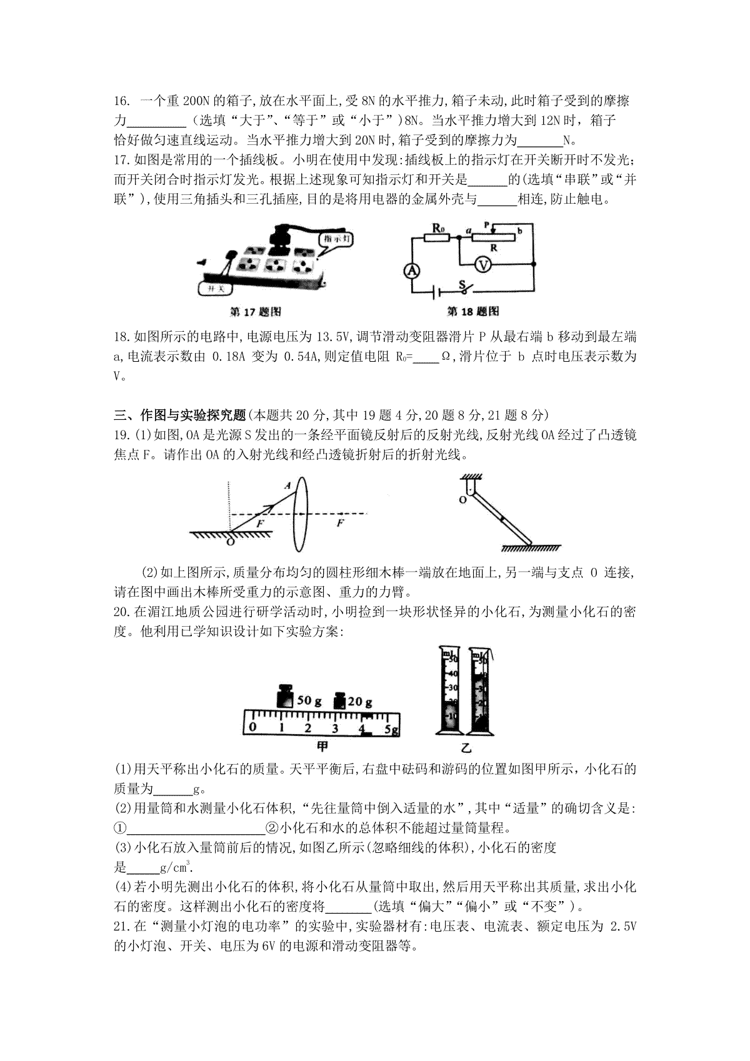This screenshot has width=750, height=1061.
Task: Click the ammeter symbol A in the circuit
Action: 411,270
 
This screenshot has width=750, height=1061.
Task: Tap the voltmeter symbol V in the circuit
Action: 482,264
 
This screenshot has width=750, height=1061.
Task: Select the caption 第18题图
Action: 473,311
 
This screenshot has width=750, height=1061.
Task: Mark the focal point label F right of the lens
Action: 341,524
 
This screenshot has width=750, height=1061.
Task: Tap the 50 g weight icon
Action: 286,697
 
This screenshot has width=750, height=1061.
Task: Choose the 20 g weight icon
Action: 341,700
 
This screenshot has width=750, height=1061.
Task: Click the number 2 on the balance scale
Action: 308,728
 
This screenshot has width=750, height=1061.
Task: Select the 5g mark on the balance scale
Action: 391,729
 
